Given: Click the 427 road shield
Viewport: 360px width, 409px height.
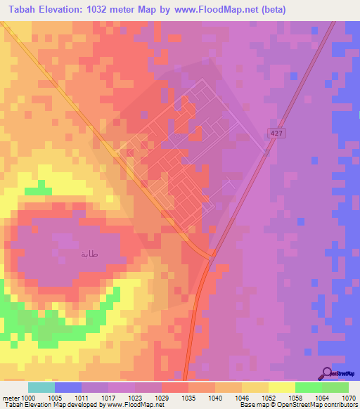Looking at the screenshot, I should (276, 133).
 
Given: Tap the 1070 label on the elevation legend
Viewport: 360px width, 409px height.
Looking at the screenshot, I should (349, 397).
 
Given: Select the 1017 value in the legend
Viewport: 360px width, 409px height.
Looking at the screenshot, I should (108, 397).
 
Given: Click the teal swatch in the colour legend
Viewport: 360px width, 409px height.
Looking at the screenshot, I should (41, 387).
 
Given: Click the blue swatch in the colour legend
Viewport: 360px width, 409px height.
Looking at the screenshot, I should (67, 387).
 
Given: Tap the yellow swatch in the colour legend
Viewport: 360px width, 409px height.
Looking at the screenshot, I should (281, 387).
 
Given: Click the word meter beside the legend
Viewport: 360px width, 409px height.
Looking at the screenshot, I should (9, 397).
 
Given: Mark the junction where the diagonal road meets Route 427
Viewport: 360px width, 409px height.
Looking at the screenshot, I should (212, 255).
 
